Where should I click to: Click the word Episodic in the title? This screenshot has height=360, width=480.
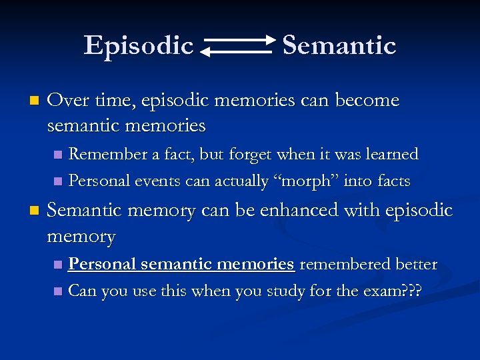(139, 45)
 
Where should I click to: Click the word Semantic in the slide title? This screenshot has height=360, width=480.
(339, 45)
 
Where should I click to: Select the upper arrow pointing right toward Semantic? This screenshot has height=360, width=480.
(240, 41)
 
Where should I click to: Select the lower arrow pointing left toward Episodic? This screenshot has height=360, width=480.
(237, 51)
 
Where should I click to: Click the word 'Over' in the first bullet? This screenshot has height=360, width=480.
(65, 101)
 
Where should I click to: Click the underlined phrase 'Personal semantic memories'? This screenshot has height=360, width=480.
(181, 265)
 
